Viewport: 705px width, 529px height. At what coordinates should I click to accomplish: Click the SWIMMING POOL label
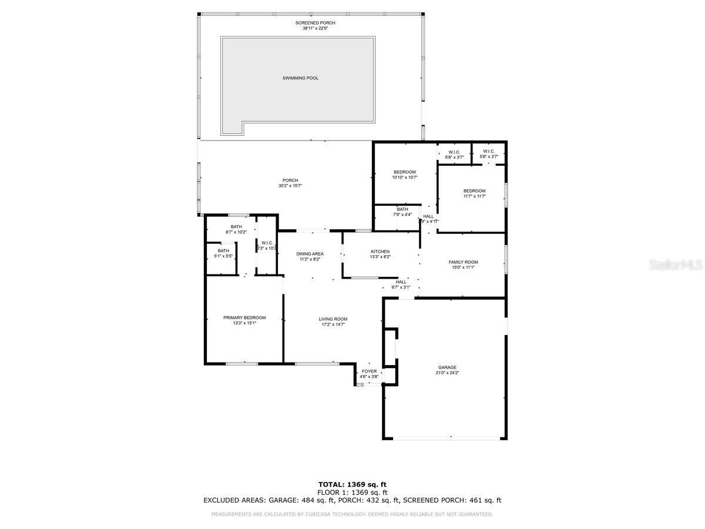tap(300, 78)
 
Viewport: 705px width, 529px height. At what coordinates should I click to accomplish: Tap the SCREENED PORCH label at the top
tap(315, 23)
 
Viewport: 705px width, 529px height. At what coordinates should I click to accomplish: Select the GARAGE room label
tap(446, 367)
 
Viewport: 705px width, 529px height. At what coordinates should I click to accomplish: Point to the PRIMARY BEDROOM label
tap(244, 317)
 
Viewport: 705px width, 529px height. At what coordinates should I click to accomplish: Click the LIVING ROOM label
tap(333, 319)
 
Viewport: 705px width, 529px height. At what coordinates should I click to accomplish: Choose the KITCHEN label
tap(380, 252)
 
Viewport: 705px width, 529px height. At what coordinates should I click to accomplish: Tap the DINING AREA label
tap(309, 254)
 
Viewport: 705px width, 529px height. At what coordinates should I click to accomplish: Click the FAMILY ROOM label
tap(463, 262)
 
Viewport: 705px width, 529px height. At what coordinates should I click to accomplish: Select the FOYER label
tap(369, 371)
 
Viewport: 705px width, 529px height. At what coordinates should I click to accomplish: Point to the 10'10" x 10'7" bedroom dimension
tap(404, 178)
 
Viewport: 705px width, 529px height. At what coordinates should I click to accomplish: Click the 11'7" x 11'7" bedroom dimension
tap(474, 196)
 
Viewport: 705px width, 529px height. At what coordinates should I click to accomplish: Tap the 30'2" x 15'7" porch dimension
tap(290, 186)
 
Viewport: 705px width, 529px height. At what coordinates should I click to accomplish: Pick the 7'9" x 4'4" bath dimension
tap(402, 215)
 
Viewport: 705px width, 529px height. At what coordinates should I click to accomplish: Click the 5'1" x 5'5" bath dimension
tap(223, 256)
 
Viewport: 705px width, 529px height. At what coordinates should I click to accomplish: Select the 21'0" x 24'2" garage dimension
tap(446, 373)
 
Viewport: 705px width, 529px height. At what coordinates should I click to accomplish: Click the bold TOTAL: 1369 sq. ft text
tap(352, 485)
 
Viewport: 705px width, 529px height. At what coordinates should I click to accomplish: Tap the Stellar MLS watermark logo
tap(675, 265)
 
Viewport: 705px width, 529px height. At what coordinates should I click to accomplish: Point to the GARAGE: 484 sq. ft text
tap(301, 501)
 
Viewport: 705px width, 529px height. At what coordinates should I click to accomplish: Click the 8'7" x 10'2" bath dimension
tap(236, 232)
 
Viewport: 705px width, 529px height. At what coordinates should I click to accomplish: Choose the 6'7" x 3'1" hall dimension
tap(401, 287)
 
